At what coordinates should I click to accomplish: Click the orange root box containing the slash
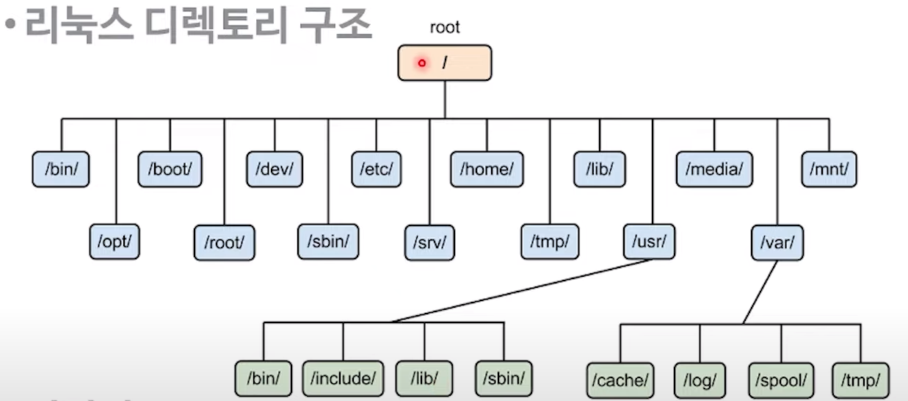click(445, 63)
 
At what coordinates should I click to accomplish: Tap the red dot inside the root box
click(421, 63)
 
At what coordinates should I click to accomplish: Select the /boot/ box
click(170, 169)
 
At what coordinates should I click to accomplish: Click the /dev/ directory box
click(274, 169)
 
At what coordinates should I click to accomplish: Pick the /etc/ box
click(377, 169)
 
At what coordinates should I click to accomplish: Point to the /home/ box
click(486, 169)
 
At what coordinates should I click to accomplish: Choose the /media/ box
click(714, 169)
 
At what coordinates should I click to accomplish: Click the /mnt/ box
click(829, 169)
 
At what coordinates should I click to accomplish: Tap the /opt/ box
click(115, 241)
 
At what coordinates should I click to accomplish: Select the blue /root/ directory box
click(224, 241)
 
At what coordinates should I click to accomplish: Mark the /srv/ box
click(430, 241)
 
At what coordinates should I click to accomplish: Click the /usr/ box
click(650, 241)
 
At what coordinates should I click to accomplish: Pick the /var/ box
click(777, 241)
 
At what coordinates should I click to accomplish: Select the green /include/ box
click(343, 380)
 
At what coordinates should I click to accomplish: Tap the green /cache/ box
click(620, 380)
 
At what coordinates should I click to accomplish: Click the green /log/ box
click(699, 380)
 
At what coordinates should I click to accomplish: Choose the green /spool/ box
click(781, 380)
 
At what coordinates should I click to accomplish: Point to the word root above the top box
click(445, 28)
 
